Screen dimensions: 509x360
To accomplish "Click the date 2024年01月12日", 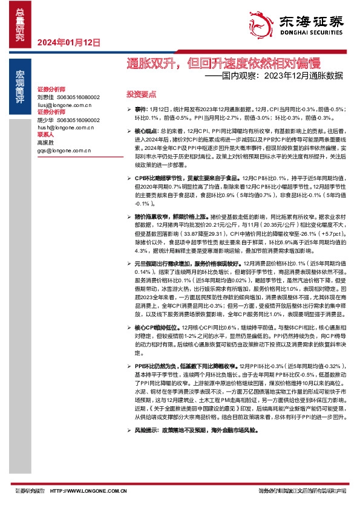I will (x=68, y=43).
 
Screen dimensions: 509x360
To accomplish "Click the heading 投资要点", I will (x=141, y=95).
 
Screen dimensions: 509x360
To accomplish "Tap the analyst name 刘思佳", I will (x=46, y=97).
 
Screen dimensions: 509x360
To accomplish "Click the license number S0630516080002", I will (x=79, y=97).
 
